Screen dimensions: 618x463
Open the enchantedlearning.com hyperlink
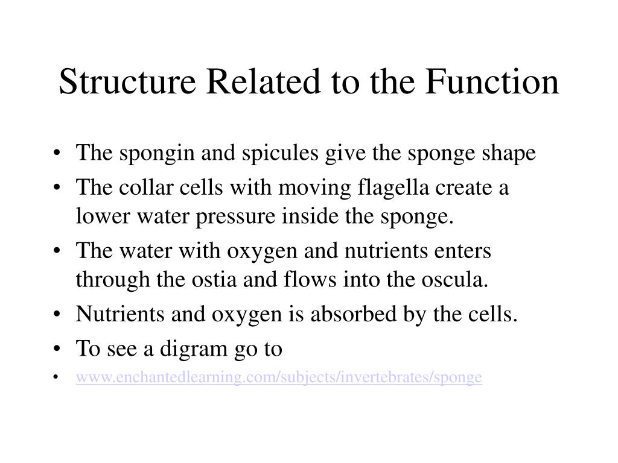click(x=279, y=378)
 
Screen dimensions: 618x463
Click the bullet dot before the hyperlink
click(x=56, y=378)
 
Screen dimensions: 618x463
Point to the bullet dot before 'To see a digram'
click(x=56, y=349)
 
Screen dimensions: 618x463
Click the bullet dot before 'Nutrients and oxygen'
click(x=56, y=314)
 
